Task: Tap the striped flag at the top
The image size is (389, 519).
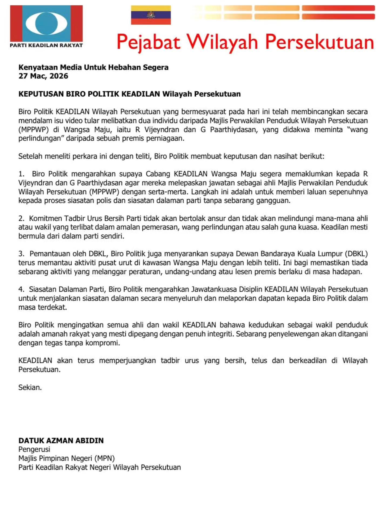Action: coord(151,15)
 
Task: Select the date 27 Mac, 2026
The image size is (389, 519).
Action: coord(43,76)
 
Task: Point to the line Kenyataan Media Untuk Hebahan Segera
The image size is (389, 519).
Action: coord(93,67)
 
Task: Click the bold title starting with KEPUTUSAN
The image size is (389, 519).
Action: coord(129,94)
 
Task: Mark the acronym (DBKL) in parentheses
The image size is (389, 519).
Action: coord(356,254)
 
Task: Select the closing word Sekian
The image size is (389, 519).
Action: coord(30,387)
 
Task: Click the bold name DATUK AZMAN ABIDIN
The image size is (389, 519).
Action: coord(61,441)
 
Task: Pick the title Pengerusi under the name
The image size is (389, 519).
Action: coord(34,449)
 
